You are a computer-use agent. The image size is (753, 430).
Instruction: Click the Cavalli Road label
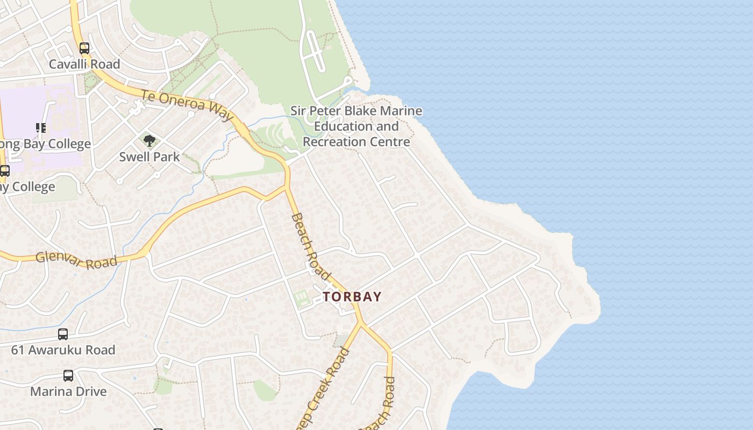84,64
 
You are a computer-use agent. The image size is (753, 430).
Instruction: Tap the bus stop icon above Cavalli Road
84,48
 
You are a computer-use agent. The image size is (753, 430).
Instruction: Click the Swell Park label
150,157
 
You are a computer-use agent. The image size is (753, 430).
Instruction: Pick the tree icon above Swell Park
150,141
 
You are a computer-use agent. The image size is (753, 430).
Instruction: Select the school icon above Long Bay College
41,128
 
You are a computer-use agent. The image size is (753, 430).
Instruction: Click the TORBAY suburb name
352,297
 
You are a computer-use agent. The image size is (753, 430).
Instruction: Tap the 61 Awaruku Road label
63,350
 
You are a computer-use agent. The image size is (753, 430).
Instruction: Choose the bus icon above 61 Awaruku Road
63,334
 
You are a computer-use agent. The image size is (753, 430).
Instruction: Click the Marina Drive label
68,391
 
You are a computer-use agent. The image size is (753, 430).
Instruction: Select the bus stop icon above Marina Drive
68,376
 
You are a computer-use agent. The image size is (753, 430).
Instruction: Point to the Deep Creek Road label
324,389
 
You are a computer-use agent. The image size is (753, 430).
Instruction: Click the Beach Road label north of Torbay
310,246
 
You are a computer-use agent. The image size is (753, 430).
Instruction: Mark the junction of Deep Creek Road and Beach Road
361,323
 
